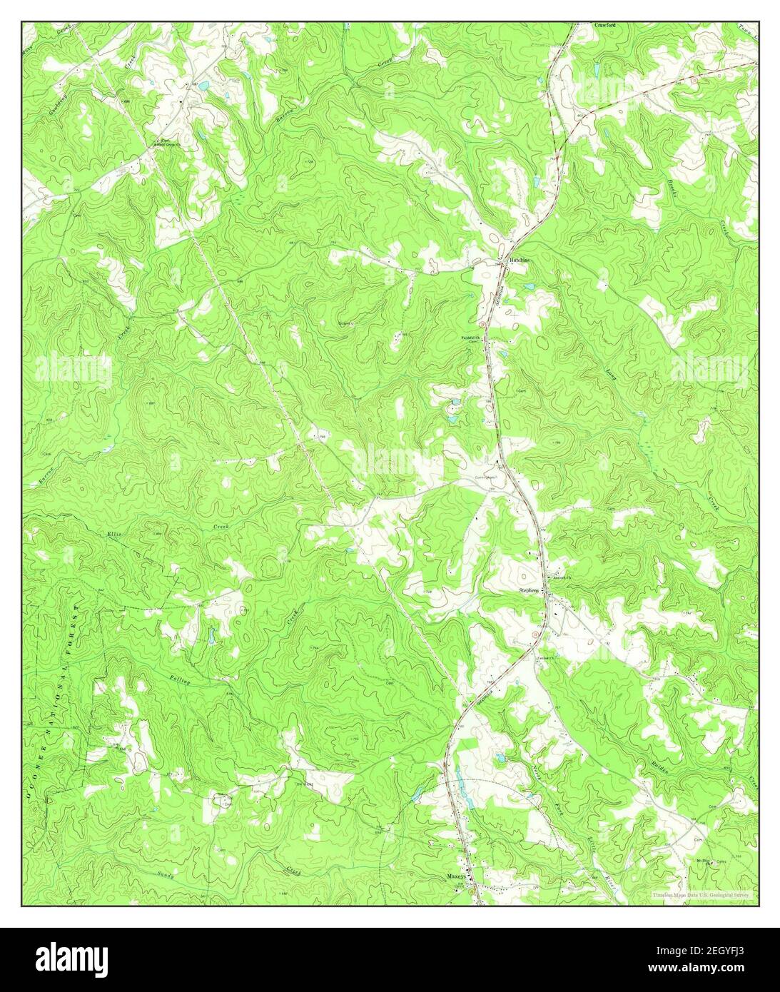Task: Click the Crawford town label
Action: click(x=604, y=24)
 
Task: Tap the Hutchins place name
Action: click(x=520, y=261)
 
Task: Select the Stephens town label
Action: click(x=529, y=591)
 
